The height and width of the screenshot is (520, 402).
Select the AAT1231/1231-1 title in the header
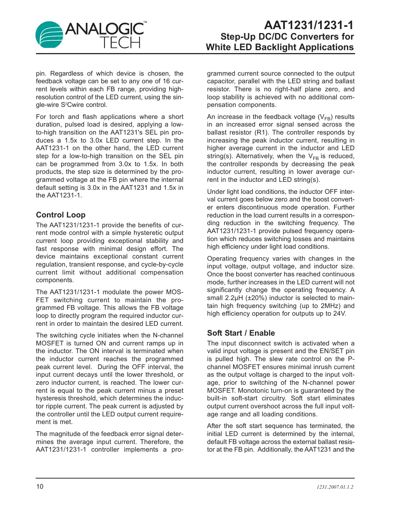click(309, 25)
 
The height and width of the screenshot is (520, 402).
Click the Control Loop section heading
click(61, 215)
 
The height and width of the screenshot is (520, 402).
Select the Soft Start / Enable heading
click(241, 333)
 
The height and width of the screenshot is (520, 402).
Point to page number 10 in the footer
click(40, 487)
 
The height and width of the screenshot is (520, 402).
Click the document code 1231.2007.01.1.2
click(335, 487)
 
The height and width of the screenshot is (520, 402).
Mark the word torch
click(56, 117)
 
